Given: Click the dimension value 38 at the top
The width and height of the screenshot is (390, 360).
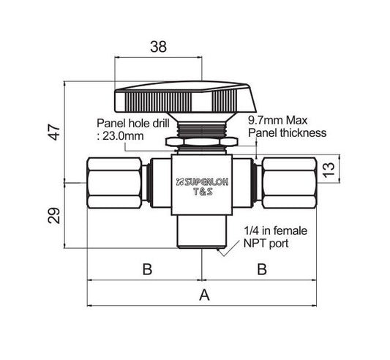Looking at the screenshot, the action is (x=159, y=47).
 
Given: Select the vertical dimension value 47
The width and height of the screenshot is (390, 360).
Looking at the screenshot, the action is (x=54, y=132).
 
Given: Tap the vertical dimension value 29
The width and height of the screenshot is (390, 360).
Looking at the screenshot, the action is (x=54, y=215).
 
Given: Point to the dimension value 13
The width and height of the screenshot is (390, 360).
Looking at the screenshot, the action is (x=329, y=170).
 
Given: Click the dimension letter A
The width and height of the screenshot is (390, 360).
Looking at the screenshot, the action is (x=204, y=295).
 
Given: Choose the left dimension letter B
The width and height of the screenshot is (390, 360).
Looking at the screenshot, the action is (x=147, y=269).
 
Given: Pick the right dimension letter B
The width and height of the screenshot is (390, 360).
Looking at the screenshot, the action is (x=262, y=269).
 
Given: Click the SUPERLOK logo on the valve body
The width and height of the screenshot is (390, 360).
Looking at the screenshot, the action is (x=202, y=182).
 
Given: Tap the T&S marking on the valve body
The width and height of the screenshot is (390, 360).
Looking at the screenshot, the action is (x=203, y=192).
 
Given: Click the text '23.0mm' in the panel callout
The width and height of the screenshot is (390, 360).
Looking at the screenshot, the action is (x=123, y=136).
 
